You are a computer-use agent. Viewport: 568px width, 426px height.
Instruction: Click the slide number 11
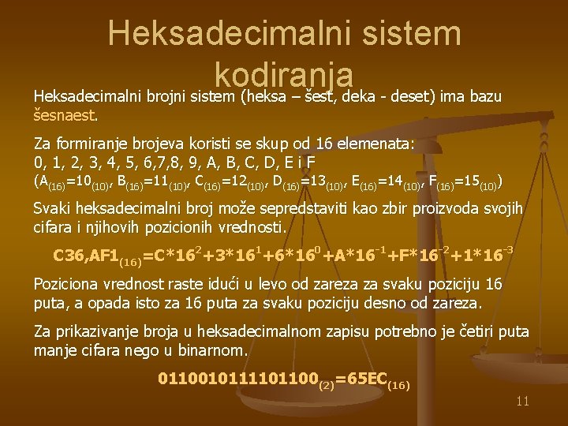coord(521,402)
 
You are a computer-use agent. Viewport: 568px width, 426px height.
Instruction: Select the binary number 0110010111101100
coord(237,379)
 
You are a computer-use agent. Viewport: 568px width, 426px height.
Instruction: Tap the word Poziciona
coord(68,284)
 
